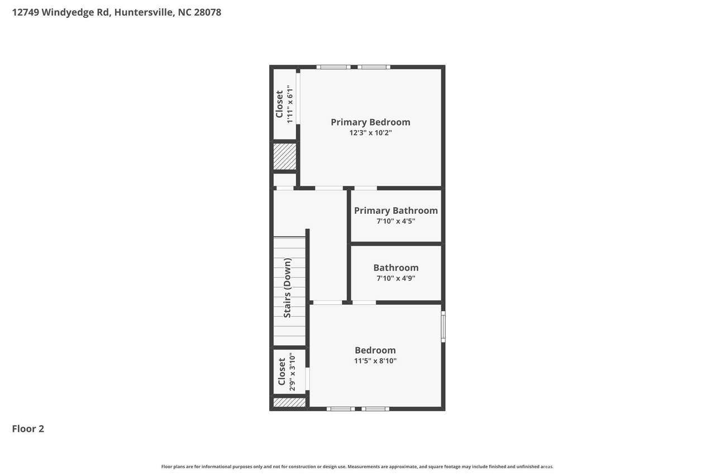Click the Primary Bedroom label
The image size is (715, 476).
tap(370, 122)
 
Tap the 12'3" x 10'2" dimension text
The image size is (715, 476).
tap(370, 133)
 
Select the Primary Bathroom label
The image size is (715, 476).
tap(396, 211)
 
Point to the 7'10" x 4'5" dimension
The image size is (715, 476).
tap(396, 221)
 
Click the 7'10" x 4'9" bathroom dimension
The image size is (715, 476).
tap(396, 278)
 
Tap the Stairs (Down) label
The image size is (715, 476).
tap(287, 288)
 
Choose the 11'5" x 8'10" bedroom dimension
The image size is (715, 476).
tap(375, 360)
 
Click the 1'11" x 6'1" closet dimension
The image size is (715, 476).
tap(289, 104)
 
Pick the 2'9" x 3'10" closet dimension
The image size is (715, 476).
tap(292, 372)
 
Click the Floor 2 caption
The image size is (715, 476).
tap(28, 429)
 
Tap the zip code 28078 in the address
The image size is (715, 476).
tap(207, 12)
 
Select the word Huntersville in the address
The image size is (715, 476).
tap(144, 12)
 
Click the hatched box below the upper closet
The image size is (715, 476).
tap(285, 156)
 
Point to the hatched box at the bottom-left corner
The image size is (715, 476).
tap(289, 402)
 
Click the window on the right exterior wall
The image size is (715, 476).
tap(444, 326)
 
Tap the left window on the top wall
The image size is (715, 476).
tap(333, 67)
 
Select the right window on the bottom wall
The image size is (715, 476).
tap(375, 408)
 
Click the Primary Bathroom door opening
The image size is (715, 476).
tap(365, 188)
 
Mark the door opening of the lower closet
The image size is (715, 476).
tap(307, 379)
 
